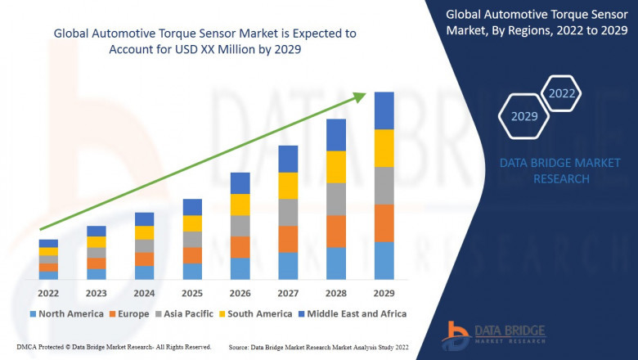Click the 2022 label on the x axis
pyautogui.click(x=48, y=292)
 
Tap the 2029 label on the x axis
pyautogui.click(x=384, y=292)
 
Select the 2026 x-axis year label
pyautogui.click(x=240, y=292)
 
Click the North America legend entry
pyautogui.click(x=66, y=313)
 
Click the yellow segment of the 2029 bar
pyautogui.click(x=384, y=148)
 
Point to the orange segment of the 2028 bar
pyautogui.click(x=336, y=232)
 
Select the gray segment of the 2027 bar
pyautogui.click(x=288, y=212)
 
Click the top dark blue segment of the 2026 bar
pyautogui.click(x=240, y=183)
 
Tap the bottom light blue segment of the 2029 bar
pyautogui.click(x=384, y=260)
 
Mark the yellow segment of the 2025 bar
pyautogui.click(x=192, y=223)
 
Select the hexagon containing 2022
pyautogui.click(x=562, y=94)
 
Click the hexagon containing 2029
pyautogui.click(x=523, y=117)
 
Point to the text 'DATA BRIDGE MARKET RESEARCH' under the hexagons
pyautogui.click(x=544, y=171)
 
